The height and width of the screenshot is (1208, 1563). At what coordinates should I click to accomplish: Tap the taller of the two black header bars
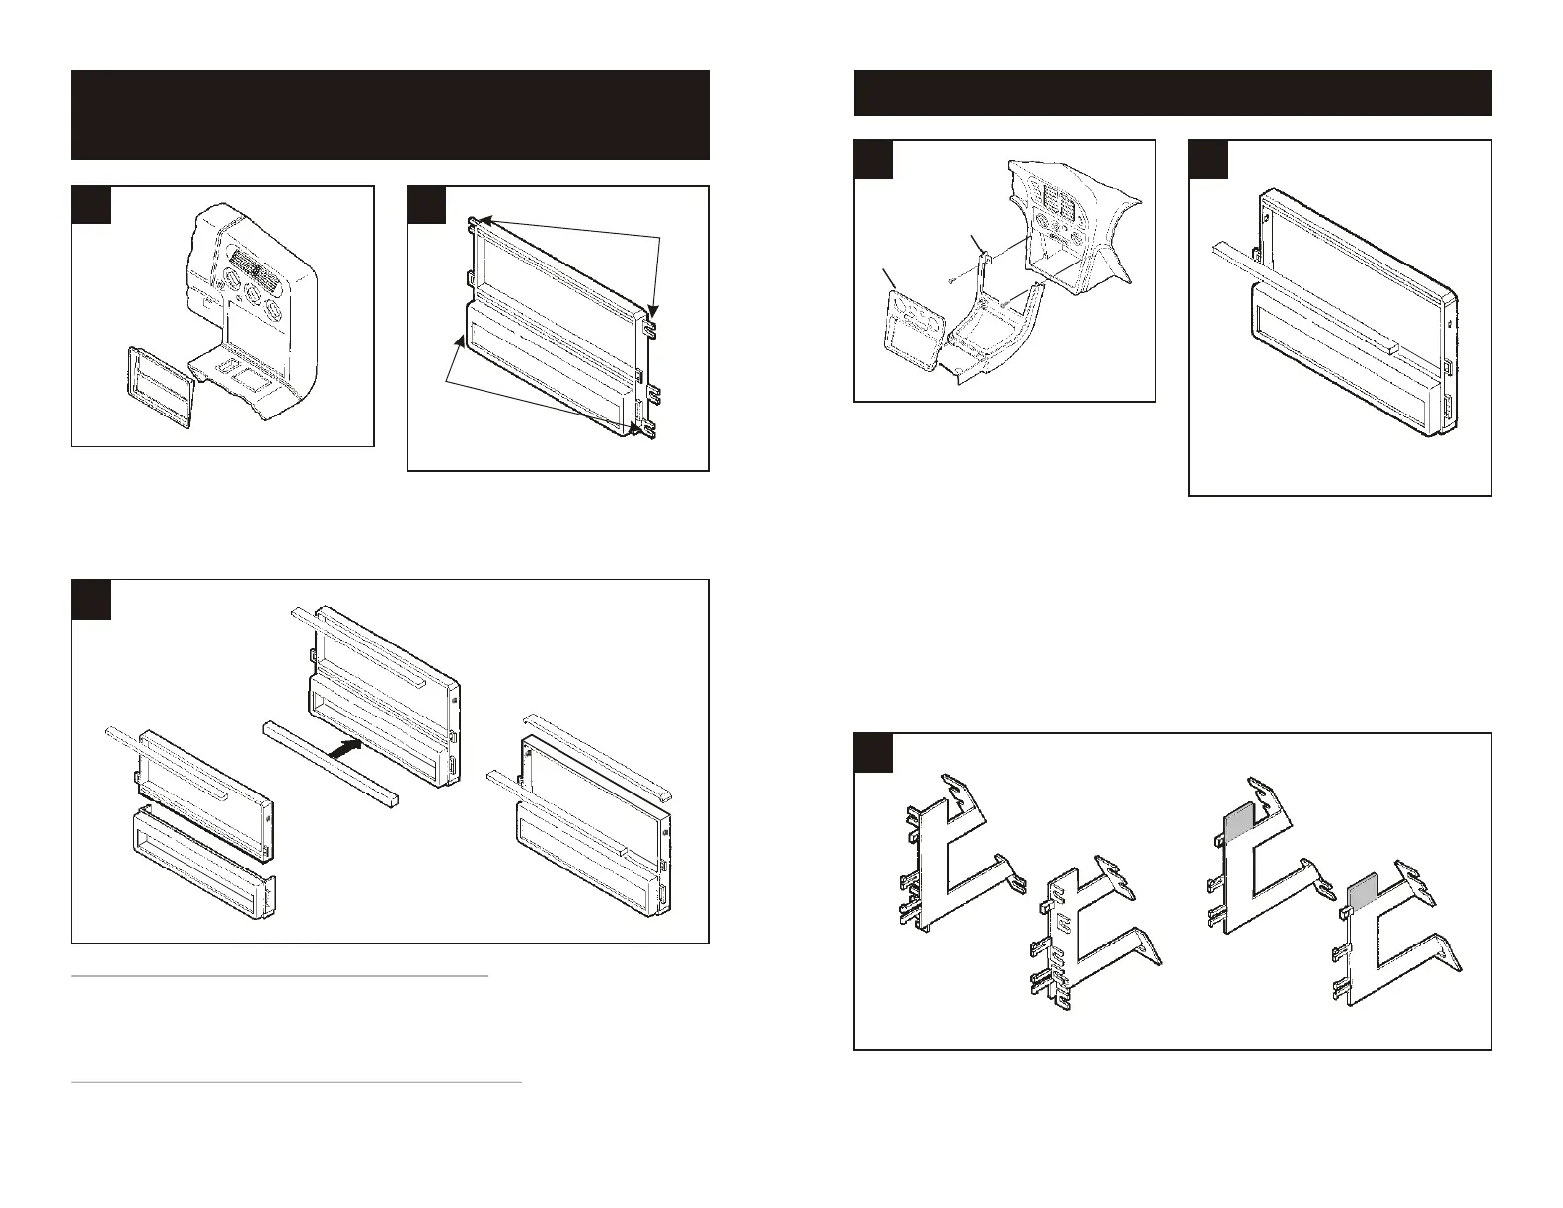click(390, 114)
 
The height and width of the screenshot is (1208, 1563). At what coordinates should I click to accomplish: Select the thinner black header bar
click(1171, 93)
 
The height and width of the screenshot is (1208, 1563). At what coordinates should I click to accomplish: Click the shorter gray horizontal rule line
click(280, 976)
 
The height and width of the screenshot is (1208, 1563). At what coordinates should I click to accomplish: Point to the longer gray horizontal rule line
click(296, 1083)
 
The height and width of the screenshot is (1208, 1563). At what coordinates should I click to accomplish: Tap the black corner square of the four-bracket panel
click(873, 753)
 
